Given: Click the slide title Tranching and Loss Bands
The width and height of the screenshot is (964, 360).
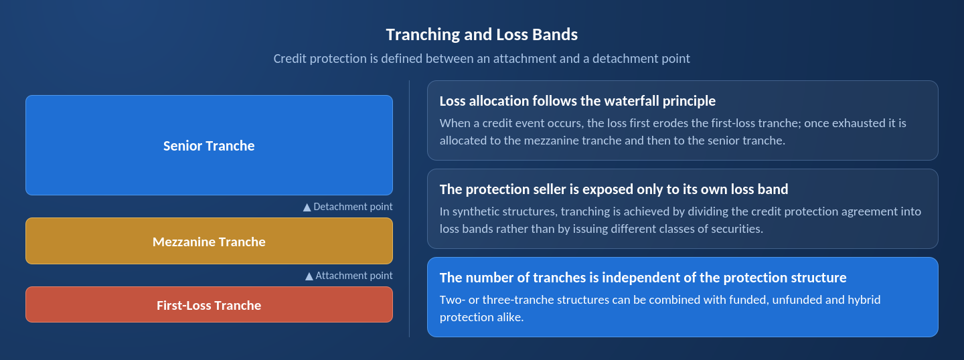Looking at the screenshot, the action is pos(481,34).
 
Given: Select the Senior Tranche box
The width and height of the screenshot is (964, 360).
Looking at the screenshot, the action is pos(209,145).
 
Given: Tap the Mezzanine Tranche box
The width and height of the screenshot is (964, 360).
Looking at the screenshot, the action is pos(209,241).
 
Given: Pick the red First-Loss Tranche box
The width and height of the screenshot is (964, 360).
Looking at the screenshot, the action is pos(209,304).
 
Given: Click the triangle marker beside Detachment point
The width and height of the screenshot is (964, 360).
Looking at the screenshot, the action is pos(307,207).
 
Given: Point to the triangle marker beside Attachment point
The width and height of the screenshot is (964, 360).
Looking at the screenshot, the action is pos(309,276).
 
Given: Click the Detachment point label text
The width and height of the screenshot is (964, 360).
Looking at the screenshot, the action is pos(353,207).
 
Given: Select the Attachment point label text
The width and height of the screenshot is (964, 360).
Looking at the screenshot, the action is pos(354,276).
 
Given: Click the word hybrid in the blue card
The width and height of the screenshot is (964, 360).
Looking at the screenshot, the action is pos(862,299).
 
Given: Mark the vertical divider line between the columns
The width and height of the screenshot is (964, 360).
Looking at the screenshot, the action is pos(409,209).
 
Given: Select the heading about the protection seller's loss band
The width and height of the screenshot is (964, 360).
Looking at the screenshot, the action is pos(614,189).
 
